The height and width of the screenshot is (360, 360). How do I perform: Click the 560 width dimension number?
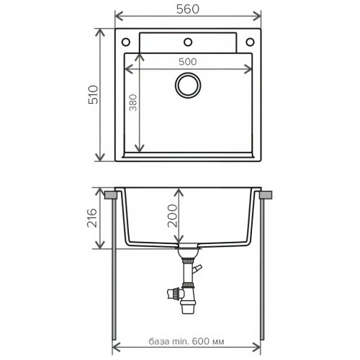click(x=188, y=9)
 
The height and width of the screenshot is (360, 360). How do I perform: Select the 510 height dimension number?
click(x=93, y=94)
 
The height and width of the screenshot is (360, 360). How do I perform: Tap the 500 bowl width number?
click(x=188, y=62)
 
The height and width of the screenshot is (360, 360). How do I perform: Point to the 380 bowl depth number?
click(x=132, y=103)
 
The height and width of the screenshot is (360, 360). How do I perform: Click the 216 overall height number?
click(x=92, y=218)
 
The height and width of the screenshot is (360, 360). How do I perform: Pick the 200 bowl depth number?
click(x=172, y=215)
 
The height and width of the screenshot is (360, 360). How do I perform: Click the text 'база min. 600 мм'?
click(x=186, y=341)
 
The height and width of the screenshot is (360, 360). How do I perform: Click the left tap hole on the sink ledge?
click(x=126, y=42)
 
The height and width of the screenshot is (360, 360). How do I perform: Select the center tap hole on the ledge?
click(x=188, y=42)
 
